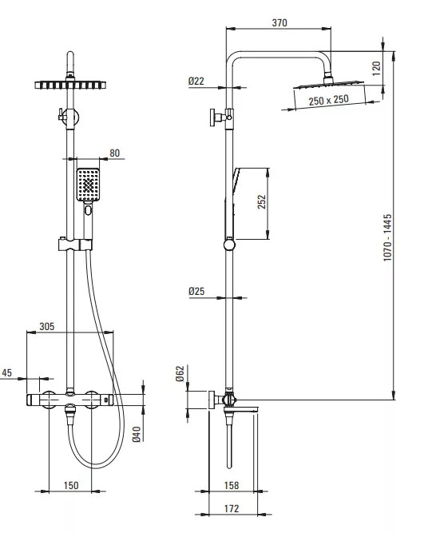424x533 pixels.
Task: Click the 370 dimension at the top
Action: coord(279,23)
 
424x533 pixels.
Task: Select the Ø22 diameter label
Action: coord(196,81)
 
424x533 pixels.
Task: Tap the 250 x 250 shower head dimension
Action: coord(328,100)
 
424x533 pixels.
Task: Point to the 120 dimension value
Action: coord(376,69)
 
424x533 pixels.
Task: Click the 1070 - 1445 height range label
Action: coord(387,237)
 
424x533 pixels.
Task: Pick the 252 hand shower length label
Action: coord(262,201)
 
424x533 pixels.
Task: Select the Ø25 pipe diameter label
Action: coord(196,291)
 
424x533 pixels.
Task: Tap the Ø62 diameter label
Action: coord(180,373)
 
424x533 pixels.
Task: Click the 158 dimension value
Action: coord(232,485)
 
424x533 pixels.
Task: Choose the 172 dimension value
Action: coord(232,508)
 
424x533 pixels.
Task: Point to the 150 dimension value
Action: coord(71,485)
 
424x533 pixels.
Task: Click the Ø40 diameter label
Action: coord(137,434)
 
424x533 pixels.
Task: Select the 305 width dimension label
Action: coord(47,326)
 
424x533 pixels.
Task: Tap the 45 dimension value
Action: coord(7,372)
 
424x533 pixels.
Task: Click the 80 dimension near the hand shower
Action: coord(114,153)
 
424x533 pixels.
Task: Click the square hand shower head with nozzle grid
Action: coord(88,185)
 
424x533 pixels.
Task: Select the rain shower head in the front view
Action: coord(70,85)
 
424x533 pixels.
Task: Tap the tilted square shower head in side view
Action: coord(328,85)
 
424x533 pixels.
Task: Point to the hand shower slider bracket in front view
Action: coord(75,245)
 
